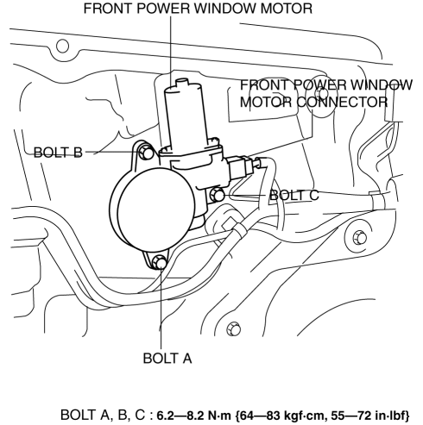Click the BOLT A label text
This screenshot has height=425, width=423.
167,359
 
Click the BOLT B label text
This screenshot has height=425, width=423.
58,153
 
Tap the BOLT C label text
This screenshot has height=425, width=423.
294,195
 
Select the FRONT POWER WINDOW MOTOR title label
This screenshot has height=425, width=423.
198,8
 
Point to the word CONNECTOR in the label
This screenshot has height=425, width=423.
342,102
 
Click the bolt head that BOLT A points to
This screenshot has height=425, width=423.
159,262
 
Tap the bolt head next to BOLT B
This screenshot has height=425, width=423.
146,153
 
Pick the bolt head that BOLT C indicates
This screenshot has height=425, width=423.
218,195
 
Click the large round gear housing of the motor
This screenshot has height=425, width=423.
155,210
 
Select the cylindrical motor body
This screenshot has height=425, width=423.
186,115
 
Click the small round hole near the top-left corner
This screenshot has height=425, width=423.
62,46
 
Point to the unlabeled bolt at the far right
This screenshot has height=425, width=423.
360,238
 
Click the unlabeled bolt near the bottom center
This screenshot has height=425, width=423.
233,328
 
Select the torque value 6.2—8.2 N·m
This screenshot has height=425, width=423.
193,415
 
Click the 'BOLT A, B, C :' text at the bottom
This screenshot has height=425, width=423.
107,415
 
